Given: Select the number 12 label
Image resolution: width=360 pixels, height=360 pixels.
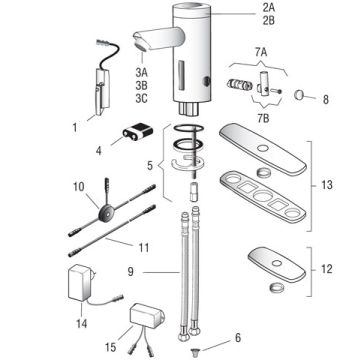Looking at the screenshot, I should point(325,268).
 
